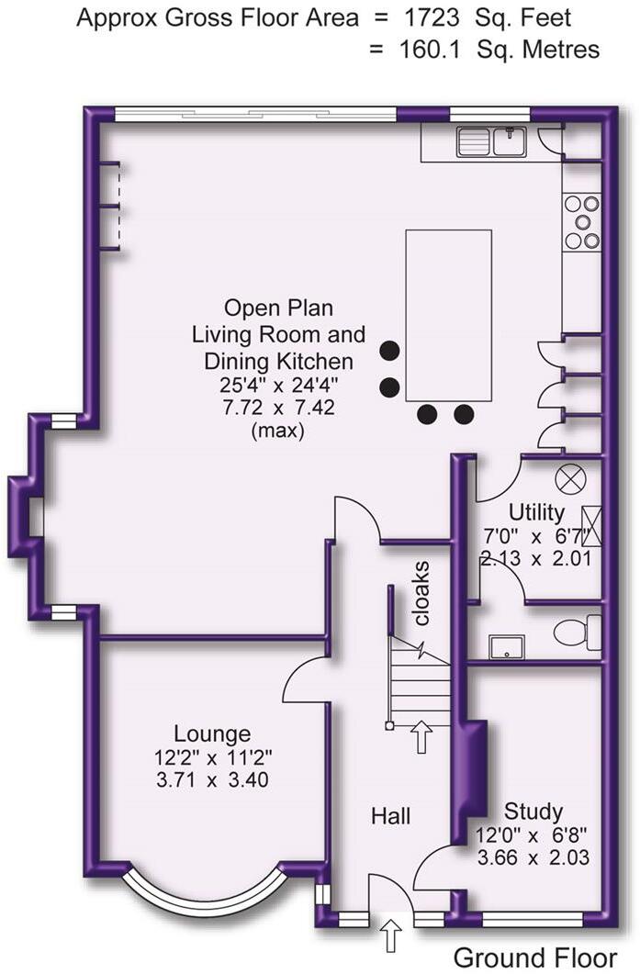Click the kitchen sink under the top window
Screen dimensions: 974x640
[491, 141]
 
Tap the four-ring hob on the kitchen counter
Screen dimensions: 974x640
[581, 221]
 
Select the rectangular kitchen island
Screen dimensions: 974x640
[448, 312]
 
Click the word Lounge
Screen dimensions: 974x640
[212, 733]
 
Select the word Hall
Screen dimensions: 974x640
[390, 815]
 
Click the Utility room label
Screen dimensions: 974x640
[537, 512]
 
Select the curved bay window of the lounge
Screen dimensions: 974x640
[202, 893]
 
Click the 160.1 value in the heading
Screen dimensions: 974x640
[420, 49]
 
